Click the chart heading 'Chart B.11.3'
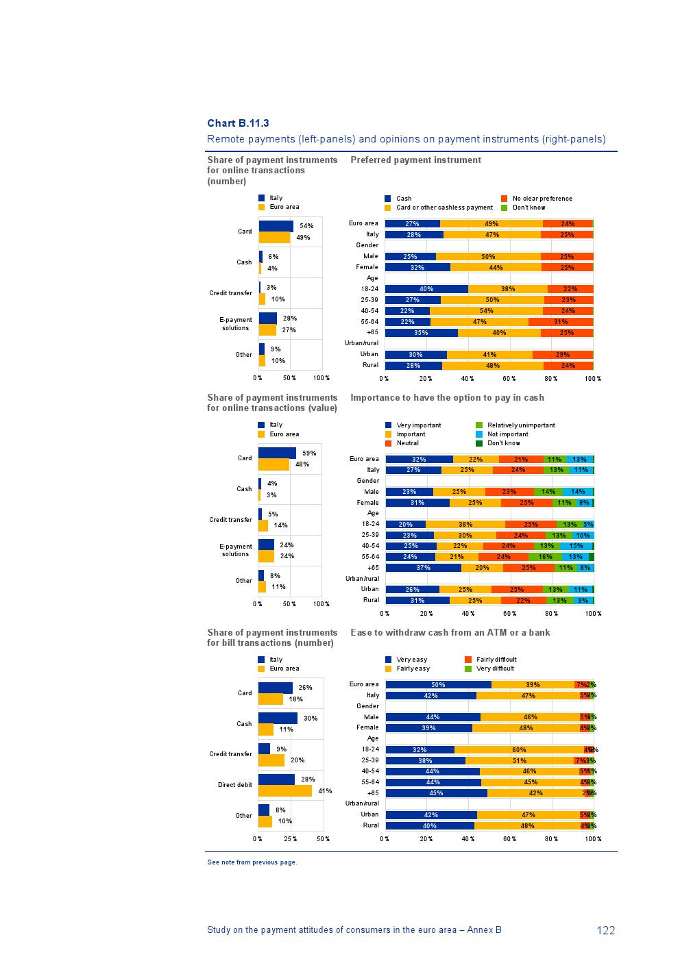click(238, 123)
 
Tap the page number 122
click(605, 930)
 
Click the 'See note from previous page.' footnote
click(252, 862)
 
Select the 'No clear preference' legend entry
click(542, 199)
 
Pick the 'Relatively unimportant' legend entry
click(520, 425)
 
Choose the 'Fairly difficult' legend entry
click(496, 660)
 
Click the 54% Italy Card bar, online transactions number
click(276, 226)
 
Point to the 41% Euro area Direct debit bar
click(284, 790)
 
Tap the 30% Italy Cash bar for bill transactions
click(278, 718)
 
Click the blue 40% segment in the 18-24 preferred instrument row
click(426, 289)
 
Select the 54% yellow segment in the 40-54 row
click(486, 311)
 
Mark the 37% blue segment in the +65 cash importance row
click(423, 568)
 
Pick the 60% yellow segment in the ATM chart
click(519, 750)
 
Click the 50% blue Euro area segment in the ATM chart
click(438, 685)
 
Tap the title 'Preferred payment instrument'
click(415, 160)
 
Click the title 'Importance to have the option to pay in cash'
click(447, 397)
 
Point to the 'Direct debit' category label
click(235, 785)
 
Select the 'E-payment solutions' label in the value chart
click(236, 550)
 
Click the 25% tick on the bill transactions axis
click(291, 839)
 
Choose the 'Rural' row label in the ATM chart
click(371, 825)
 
